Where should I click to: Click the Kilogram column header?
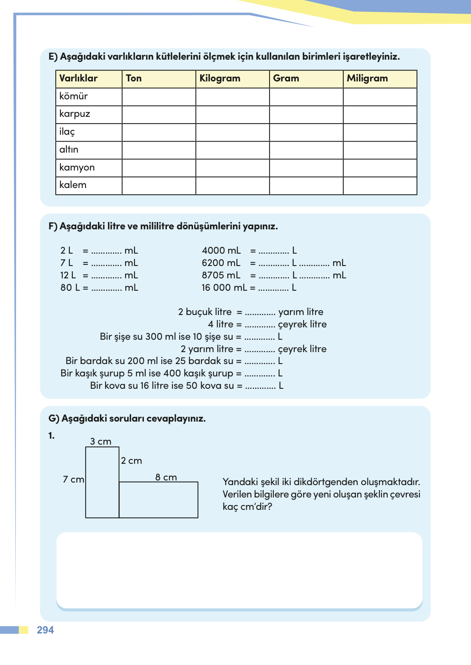(x=220, y=78)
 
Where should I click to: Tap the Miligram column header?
(x=367, y=78)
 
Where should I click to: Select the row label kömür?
(x=74, y=96)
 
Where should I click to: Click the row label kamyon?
(x=77, y=168)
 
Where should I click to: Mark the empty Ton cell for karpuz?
(x=159, y=114)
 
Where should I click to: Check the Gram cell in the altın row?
(x=306, y=150)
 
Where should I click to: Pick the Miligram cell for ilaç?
(x=380, y=132)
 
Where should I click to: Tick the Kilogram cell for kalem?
(x=233, y=185)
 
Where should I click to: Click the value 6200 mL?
(x=221, y=263)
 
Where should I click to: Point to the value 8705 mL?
(x=221, y=275)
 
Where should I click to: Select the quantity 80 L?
(x=70, y=288)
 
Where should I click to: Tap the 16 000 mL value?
(x=224, y=288)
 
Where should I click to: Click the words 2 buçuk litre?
(x=205, y=312)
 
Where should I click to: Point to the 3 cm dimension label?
(x=101, y=442)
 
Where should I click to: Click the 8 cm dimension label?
(x=166, y=477)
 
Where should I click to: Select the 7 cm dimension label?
(x=74, y=480)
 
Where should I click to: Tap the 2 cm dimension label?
(x=132, y=461)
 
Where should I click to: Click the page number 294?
(x=46, y=630)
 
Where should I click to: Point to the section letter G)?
(x=54, y=419)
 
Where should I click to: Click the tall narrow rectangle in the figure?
(x=102, y=482)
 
